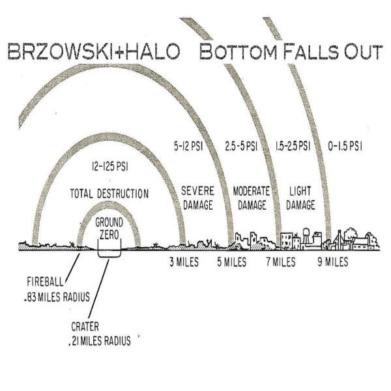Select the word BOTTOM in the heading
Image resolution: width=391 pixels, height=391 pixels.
[x=239, y=51]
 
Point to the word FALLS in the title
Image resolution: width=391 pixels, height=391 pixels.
[x=311, y=51]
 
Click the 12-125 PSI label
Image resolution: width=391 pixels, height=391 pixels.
[x=110, y=167]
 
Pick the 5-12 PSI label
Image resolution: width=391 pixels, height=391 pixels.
[x=188, y=146]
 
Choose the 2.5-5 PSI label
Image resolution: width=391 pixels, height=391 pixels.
[x=241, y=146]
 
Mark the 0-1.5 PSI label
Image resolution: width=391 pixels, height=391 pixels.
[x=345, y=146]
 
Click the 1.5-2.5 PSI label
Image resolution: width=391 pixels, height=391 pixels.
[x=293, y=146]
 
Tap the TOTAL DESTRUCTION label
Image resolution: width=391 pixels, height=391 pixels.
[x=109, y=194]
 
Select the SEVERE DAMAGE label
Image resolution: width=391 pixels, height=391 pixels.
[x=197, y=198]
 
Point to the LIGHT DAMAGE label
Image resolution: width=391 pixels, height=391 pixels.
[x=300, y=198]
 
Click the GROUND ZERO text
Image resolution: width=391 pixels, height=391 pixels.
[x=109, y=229]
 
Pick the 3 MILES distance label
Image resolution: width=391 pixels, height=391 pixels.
[x=184, y=262]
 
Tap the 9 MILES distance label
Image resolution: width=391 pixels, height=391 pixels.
[x=332, y=262]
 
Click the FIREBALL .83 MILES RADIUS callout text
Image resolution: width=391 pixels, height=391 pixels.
[x=57, y=289]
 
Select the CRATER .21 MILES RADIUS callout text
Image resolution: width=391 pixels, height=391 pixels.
[x=100, y=334]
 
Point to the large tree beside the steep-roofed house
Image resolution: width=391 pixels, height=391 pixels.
[x=350, y=235]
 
